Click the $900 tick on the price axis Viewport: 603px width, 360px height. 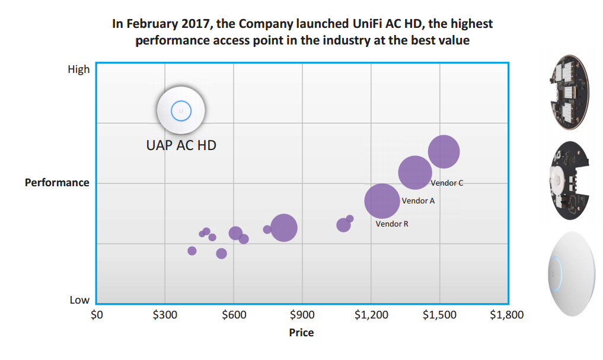[x=302, y=315]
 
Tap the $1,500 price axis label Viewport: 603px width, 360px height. [x=439, y=315]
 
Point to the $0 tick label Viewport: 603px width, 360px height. [x=96, y=315]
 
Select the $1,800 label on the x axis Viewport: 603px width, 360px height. [x=507, y=315]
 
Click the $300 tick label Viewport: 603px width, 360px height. [x=165, y=315]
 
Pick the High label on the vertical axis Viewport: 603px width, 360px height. [x=79, y=69]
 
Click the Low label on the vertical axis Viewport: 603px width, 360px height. [x=79, y=300]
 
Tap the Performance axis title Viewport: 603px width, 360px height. [x=57, y=183]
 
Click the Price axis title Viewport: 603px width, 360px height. [x=301, y=333]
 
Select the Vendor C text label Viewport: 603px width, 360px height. [x=446, y=183]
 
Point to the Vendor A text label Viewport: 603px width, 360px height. [x=418, y=201]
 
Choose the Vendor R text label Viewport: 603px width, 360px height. [x=392, y=224]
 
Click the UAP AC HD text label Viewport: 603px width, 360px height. [x=181, y=145]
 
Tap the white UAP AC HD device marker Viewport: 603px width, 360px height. [x=181, y=111]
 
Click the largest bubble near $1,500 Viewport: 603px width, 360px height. [x=444, y=152]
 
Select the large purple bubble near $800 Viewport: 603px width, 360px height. [x=283, y=228]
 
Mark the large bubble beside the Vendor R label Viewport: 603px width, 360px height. [x=382, y=202]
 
